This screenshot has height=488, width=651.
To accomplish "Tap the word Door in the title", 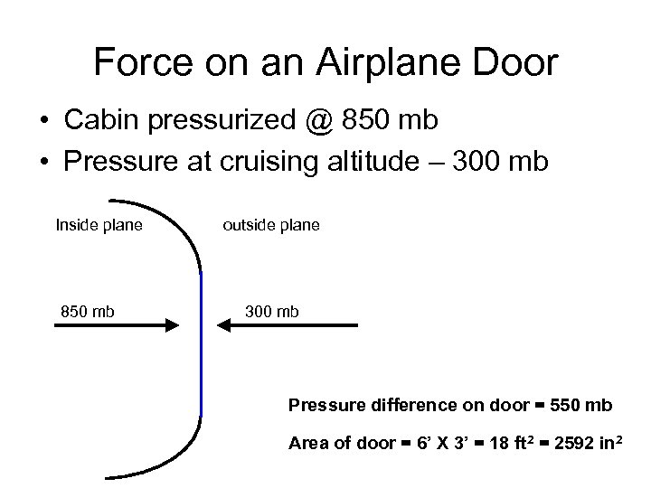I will [519, 62].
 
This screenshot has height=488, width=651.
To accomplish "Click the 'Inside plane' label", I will [99, 224].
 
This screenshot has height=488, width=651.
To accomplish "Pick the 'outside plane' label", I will [270, 224].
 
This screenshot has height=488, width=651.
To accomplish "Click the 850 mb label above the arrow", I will [88, 312].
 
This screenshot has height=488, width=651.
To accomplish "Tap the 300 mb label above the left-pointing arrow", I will [271, 312].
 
